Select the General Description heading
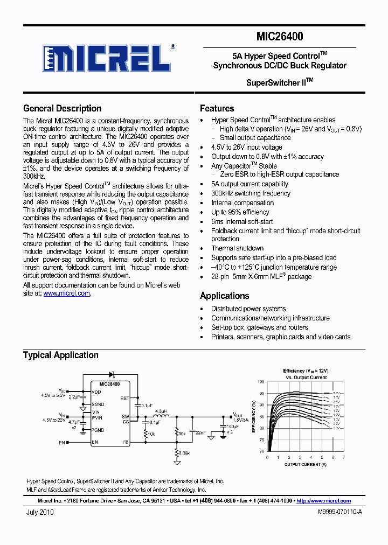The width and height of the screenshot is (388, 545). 62,108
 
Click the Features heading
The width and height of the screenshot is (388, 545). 217,108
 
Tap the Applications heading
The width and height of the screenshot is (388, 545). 224,296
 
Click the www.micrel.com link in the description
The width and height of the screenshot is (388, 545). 66,294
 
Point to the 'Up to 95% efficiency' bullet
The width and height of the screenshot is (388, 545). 240,212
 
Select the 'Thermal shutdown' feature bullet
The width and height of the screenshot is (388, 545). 237,248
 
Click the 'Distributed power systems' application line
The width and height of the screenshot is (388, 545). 248,309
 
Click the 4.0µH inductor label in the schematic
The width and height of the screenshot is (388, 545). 161,411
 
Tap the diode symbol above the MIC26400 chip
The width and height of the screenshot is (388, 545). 112,373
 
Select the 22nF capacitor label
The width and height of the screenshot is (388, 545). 200,432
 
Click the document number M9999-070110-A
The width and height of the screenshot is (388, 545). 340,513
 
